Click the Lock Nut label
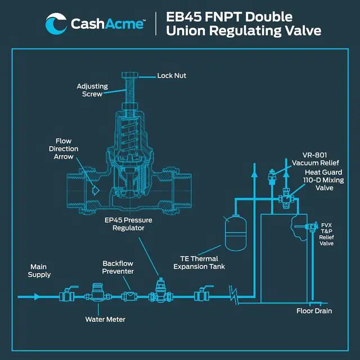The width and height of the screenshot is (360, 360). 171,76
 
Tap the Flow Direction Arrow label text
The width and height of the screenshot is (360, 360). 67,148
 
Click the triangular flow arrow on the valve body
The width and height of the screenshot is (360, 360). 96,190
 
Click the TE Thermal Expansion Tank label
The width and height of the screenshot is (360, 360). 199,262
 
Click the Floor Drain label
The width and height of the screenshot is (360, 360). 314,311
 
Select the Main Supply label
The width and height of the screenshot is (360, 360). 40,271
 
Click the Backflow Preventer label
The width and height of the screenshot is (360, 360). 118,267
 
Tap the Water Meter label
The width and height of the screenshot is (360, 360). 105,319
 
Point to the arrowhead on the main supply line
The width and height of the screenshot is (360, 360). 37,295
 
